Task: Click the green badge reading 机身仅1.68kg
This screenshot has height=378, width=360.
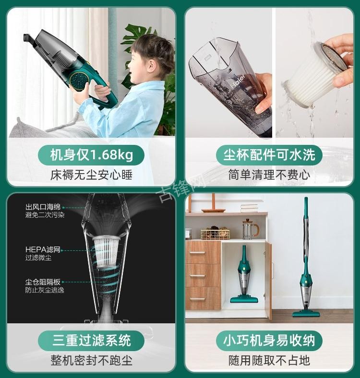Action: click(x=91, y=155)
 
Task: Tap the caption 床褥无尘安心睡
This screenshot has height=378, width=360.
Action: click(x=91, y=174)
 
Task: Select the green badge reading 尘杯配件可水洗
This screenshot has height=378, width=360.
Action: click(x=269, y=155)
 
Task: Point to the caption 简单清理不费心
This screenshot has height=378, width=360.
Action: click(x=269, y=174)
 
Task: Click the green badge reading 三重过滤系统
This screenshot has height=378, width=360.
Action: click(x=91, y=341)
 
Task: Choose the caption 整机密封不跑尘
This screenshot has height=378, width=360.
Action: click(x=91, y=360)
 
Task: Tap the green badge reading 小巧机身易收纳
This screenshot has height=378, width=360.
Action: click(x=269, y=341)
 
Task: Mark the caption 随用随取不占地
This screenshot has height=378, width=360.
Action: click(x=269, y=360)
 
